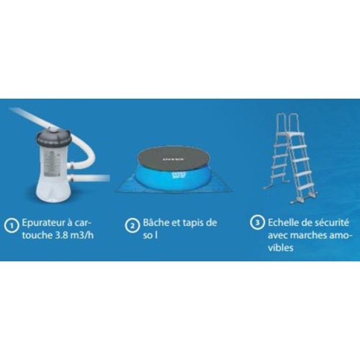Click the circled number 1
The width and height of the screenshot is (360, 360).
pyautogui.click(x=12, y=226)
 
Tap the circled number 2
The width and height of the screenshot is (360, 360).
pyautogui.click(x=132, y=226)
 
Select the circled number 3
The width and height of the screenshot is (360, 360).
pyautogui.click(x=257, y=222)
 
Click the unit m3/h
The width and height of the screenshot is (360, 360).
pyautogui.click(x=82, y=235)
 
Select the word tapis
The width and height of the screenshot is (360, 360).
pyautogui.click(x=193, y=223)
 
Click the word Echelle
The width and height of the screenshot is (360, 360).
pyautogui.click(x=283, y=223)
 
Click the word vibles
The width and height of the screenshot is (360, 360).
pyautogui.click(x=280, y=248)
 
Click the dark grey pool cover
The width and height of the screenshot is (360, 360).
pyautogui.click(x=173, y=159)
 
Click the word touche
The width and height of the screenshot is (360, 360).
pyautogui.click(x=37, y=235)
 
